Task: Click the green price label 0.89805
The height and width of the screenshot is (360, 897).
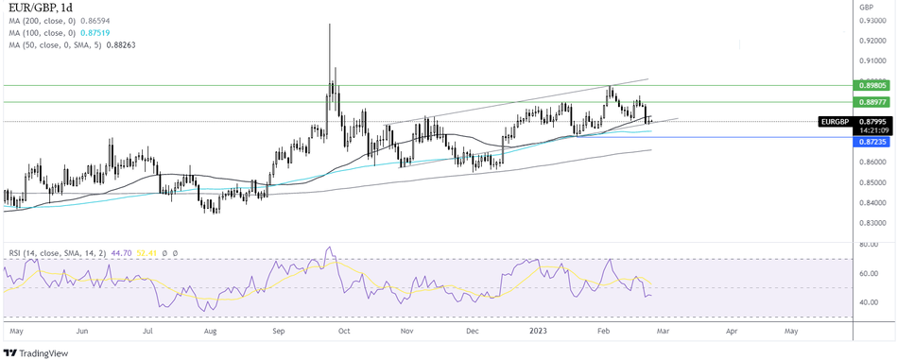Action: (872, 85)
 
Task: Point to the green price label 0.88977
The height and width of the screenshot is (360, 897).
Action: (872, 102)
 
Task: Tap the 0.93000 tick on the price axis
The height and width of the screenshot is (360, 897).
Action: (872, 20)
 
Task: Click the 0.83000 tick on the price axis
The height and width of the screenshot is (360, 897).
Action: (872, 223)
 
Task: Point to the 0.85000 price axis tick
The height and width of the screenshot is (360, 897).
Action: (872, 182)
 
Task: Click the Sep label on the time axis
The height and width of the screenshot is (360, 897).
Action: (279, 333)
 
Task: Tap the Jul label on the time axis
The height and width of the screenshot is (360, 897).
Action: (148, 333)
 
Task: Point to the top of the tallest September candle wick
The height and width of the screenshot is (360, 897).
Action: (329, 25)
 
